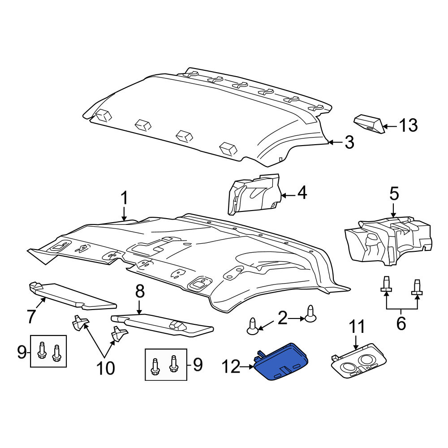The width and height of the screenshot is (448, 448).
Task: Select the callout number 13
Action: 408,125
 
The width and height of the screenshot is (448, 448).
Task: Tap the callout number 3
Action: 349,142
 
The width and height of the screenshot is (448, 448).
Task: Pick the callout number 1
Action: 124,198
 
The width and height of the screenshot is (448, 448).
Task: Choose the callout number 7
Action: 31,316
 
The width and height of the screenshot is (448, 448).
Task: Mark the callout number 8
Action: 140,292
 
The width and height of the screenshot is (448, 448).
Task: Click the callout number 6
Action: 401,323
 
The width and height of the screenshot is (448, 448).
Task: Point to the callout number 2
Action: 283,318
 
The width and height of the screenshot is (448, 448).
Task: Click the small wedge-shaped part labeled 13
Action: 369,124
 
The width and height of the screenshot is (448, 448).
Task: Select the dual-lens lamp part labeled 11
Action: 359,361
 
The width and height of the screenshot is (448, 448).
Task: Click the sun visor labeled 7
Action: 73,296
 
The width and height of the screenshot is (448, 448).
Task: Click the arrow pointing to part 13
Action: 390,126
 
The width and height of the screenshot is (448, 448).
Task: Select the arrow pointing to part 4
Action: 288,196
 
